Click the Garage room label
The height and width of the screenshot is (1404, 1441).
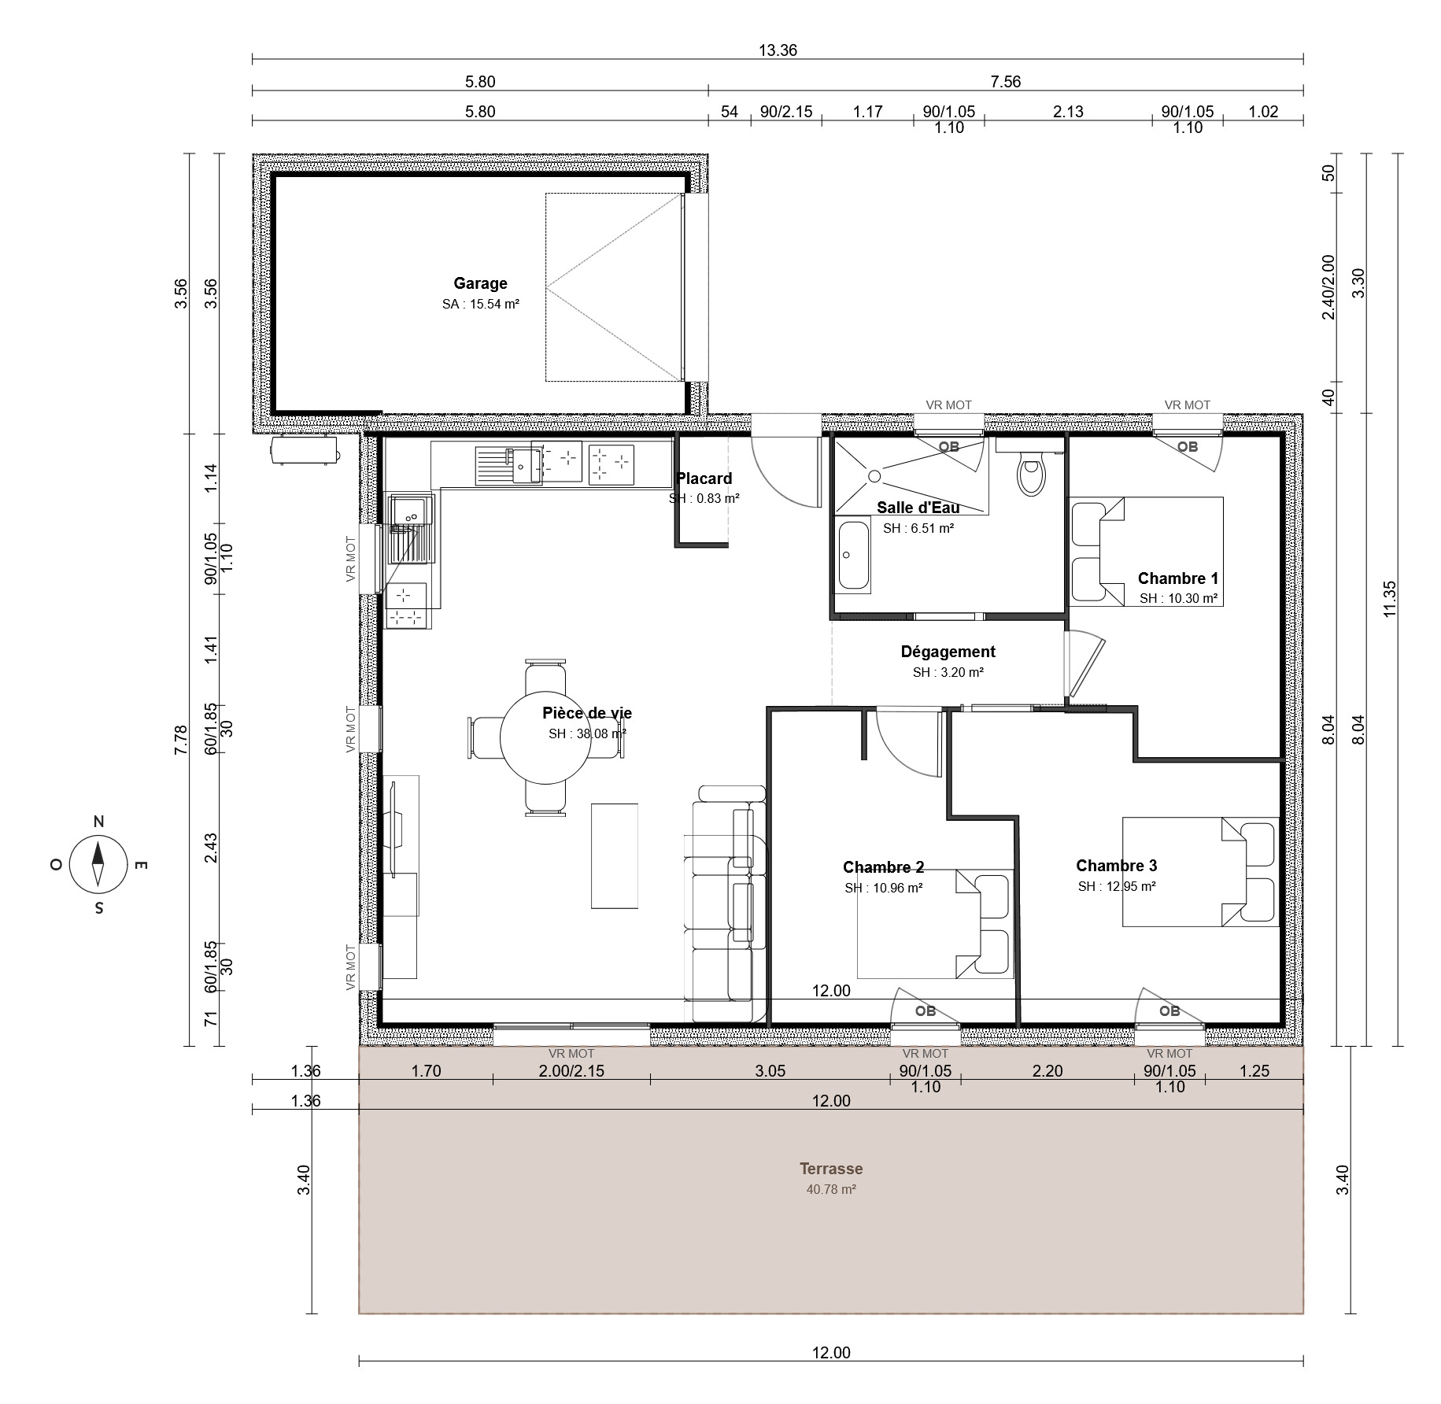pos(480,283)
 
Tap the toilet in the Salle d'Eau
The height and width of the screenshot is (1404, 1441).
pos(1030,470)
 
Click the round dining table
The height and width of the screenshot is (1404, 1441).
pos(546,738)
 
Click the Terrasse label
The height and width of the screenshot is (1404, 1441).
pos(831,1169)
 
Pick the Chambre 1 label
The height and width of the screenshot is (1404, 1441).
pos(1177,578)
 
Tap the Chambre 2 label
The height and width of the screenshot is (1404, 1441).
pos(883,867)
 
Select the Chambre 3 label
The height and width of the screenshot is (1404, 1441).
pos(1116,866)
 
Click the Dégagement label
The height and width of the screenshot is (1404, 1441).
pos(948,652)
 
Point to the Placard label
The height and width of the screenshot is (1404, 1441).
pos(704,478)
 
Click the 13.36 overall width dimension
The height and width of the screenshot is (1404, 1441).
pos(778,50)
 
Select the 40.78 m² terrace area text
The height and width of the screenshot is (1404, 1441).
pos(831,1190)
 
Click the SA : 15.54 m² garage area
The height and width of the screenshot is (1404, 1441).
pos(481,304)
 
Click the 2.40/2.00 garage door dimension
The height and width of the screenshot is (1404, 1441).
pos(1328,286)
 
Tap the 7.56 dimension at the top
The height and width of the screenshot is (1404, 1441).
pos(1006,81)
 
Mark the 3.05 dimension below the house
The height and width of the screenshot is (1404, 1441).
pos(770,1070)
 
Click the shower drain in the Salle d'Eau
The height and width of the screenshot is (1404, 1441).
pos(874,475)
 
